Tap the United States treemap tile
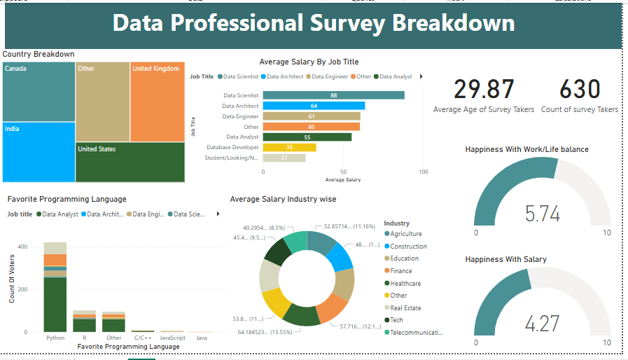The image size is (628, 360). click(130, 162)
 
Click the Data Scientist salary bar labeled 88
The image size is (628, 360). click(333, 95)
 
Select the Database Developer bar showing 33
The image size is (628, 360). click(289, 147)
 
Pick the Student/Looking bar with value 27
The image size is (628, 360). click(284, 158)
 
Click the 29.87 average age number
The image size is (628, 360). click(484, 90)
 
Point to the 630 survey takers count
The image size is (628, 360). click(580, 90)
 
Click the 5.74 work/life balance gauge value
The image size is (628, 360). click(543, 214)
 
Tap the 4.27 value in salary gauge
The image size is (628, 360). click(543, 324)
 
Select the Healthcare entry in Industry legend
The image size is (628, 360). click(405, 284)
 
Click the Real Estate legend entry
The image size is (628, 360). click(406, 308)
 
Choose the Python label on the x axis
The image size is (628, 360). click(55, 338)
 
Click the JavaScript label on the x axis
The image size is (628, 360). click(172, 338)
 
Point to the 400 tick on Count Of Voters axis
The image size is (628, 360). click(23, 247)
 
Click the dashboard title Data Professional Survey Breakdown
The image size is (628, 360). click(313, 24)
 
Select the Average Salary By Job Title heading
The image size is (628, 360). click(309, 62)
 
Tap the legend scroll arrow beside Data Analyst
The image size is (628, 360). click(421, 76)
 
